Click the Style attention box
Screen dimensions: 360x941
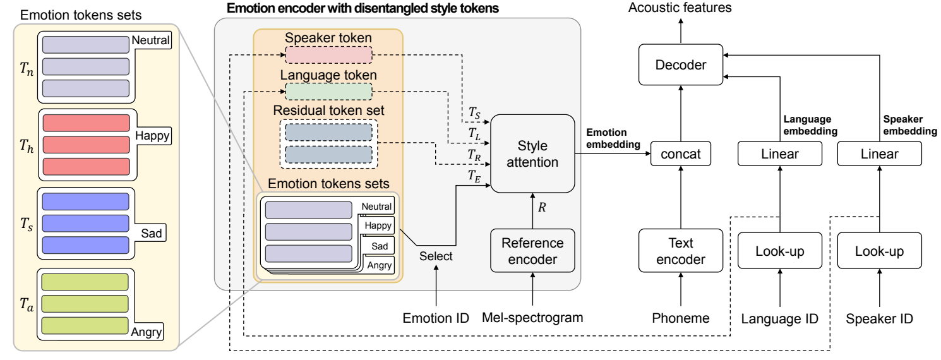(x=534, y=153)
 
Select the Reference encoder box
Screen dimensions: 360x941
(x=533, y=251)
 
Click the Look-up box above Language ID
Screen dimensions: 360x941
(x=779, y=251)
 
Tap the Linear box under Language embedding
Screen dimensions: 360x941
(x=779, y=153)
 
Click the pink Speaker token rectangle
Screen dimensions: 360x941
(x=328, y=55)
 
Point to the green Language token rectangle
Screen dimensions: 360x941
(x=328, y=92)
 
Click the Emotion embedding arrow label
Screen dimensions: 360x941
(x=613, y=139)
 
